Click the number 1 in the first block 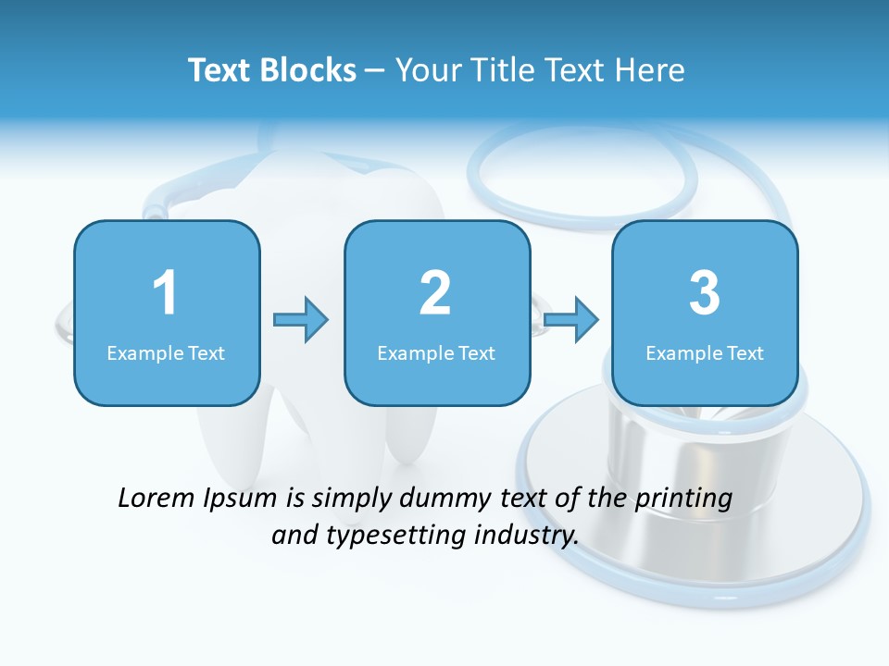(165, 293)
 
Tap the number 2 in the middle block (435, 293)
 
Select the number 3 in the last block (705, 293)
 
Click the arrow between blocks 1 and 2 (301, 320)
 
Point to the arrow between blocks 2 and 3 (571, 320)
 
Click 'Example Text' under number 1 (166, 353)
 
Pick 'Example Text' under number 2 (436, 353)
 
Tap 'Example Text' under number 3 (705, 353)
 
